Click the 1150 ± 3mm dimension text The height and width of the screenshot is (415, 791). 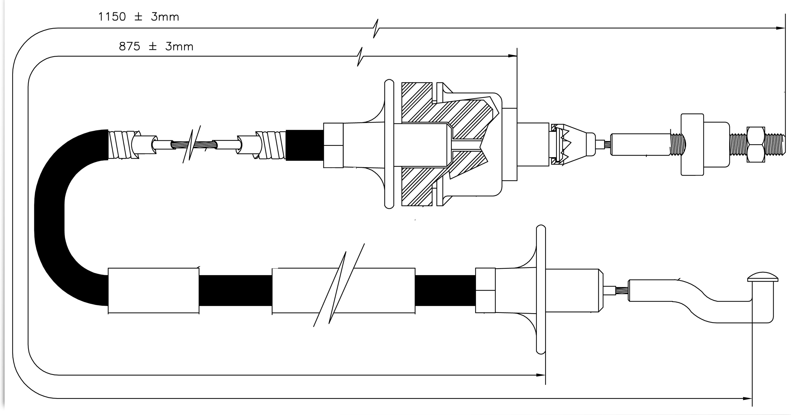tap(138, 17)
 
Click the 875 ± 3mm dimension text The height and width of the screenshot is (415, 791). tap(156, 47)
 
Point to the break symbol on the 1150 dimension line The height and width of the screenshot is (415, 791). tap(376, 28)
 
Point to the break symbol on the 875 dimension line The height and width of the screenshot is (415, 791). tap(360, 56)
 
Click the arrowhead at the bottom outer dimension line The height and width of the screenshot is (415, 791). tap(747, 399)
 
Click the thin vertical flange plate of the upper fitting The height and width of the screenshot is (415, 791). tap(389, 144)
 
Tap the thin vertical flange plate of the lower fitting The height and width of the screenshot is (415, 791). tap(541, 289)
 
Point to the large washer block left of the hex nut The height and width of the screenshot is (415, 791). tap(692, 145)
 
